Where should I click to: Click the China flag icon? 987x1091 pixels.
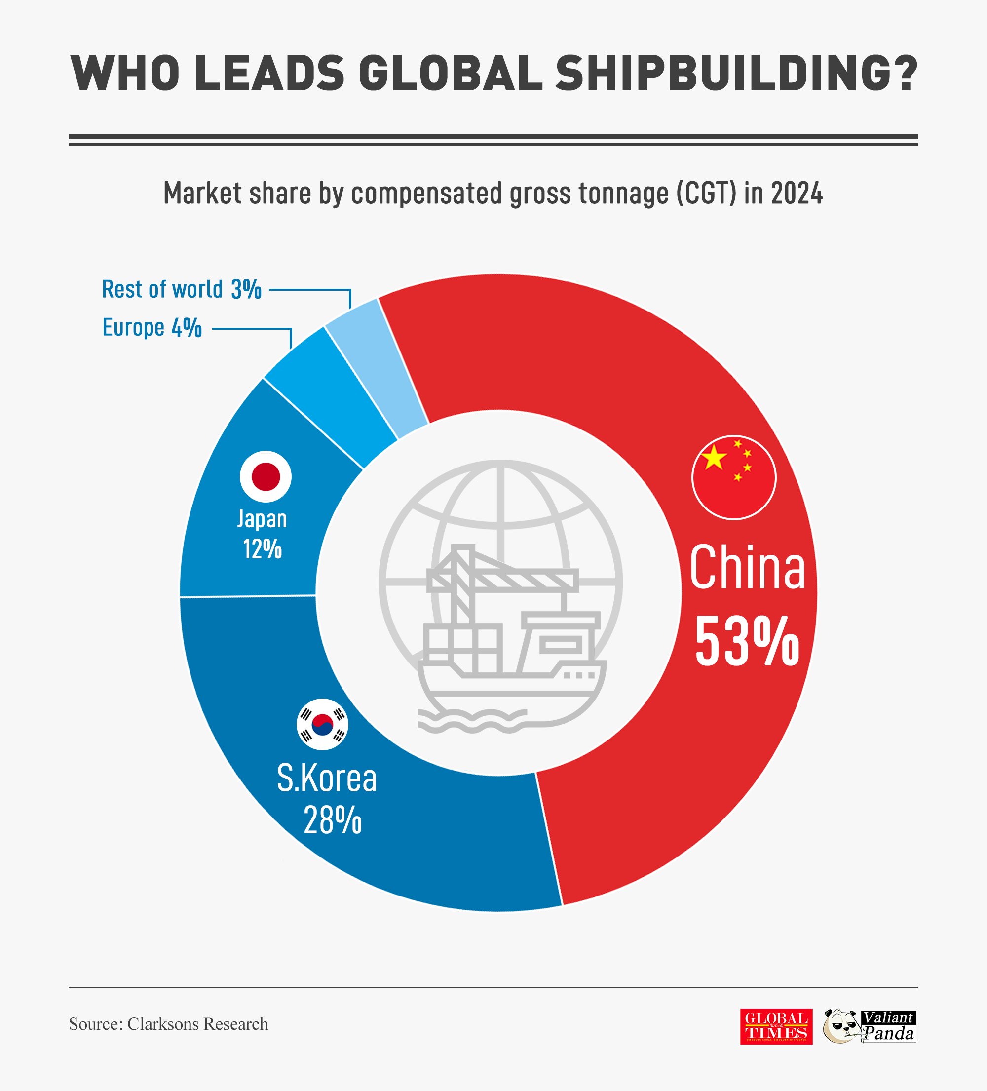coord(734,477)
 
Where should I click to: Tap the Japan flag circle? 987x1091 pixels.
coord(265,476)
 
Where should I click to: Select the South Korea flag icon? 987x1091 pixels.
coord(323,724)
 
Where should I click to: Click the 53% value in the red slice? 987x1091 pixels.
coord(747,642)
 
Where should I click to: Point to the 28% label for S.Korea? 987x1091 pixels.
coord(332,820)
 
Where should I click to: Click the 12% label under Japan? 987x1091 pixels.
coord(263,549)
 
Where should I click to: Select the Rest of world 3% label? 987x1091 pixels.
coord(181,289)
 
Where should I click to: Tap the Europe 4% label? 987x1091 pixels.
coord(152,328)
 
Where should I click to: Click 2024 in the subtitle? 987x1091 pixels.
coord(797,193)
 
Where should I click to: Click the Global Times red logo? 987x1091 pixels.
coord(776,1027)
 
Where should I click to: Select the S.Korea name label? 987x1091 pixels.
coord(326,778)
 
